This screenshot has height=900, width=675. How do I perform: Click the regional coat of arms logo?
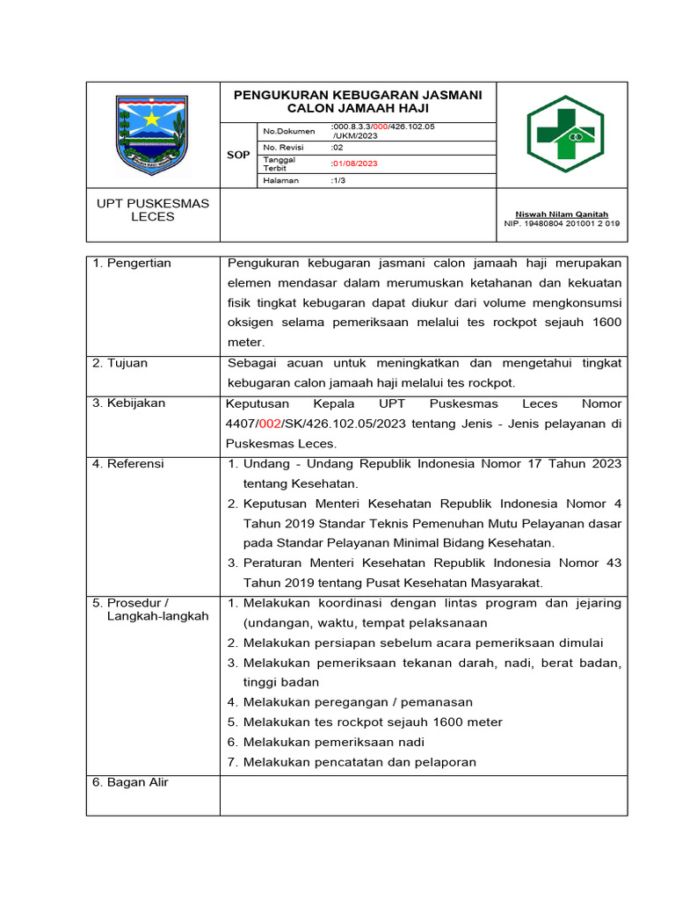coord(151,134)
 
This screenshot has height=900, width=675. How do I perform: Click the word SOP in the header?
coord(238,155)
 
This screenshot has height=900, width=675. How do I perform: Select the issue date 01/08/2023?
coord(354,163)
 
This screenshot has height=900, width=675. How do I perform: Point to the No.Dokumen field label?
coord(288,131)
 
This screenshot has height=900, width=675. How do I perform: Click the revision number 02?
coord(337,148)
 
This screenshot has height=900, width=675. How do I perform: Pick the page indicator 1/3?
coord(338,180)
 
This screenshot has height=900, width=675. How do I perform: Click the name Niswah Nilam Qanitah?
coord(562,214)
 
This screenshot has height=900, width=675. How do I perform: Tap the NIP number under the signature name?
coord(562,223)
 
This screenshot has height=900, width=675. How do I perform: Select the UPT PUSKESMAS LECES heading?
coord(152,210)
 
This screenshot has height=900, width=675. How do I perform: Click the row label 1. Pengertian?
coord(132,263)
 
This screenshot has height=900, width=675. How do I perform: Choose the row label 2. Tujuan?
coord(120,363)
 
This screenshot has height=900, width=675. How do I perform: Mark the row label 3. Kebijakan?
coord(128,403)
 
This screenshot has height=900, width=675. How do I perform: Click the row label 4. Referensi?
coord(128,463)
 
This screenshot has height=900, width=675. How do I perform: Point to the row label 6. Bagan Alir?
coord(130,782)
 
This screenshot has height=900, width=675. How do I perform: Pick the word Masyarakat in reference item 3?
coord(500,583)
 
